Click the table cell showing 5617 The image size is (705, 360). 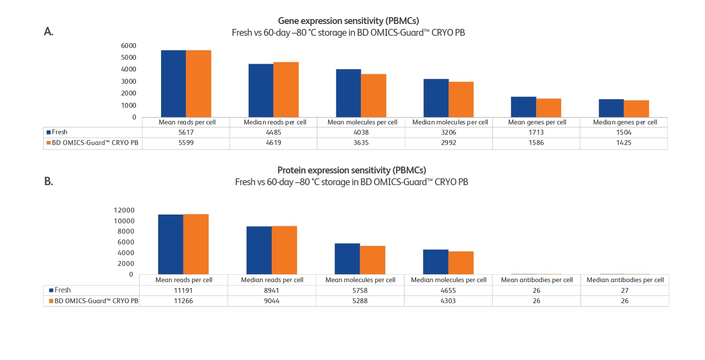click(186, 132)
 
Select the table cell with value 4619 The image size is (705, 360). click(274, 144)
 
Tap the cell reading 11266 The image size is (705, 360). click(184, 301)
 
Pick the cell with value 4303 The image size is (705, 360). click(448, 301)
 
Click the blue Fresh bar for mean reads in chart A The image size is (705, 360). click(173, 83)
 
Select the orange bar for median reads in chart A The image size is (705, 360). click(286, 90)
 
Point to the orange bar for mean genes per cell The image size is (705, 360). click(548, 108)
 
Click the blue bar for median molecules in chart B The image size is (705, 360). click(436, 262)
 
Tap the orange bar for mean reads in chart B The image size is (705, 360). click(196, 244)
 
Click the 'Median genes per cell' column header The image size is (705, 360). click(625, 122)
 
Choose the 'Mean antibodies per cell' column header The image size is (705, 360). click(536, 280)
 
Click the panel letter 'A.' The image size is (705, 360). click(48, 32)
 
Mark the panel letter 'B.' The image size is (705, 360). click(48, 181)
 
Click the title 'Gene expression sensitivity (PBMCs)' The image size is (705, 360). click(348, 21)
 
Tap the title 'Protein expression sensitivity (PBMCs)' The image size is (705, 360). click(352, 170)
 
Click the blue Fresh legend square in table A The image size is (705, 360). click(49, 132)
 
